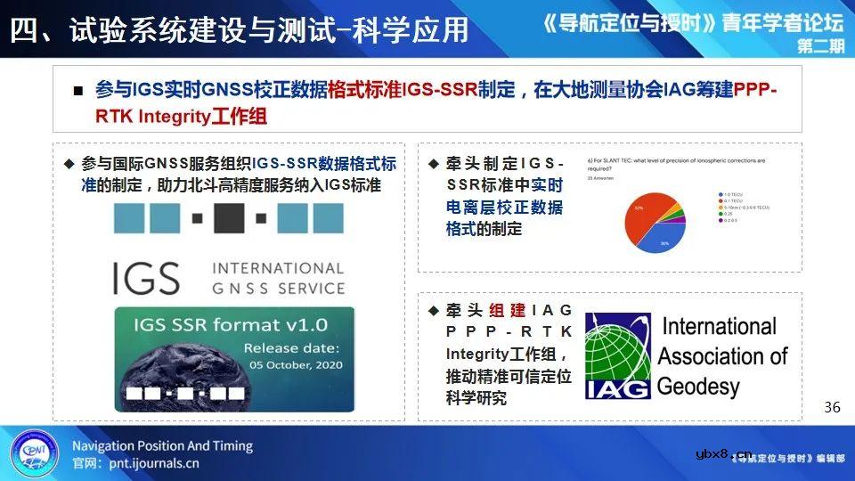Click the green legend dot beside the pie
coord(720,213)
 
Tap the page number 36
coord(832,407)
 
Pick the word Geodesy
coord(699,386)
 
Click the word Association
coord(723,356)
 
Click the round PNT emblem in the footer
coord(35,453)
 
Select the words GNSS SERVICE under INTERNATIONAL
coord(277,289)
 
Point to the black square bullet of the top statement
coord(78,91)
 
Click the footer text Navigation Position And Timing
coord(162,445)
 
